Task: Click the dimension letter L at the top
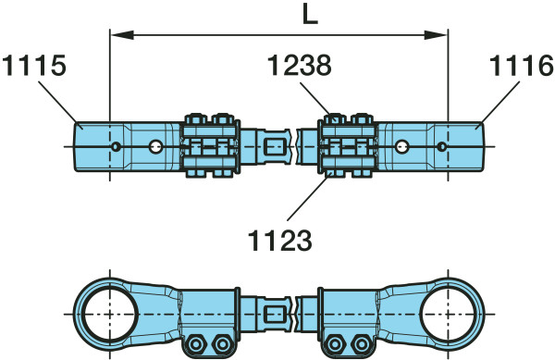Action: coord(311,15)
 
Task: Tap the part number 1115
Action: coord(34,66)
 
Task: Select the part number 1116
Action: coord(521,66)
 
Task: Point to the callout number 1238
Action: coord(299,65)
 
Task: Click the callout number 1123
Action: coord(280,240)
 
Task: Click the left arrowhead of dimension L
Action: coord(122,34)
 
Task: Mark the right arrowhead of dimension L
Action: coord(436,34)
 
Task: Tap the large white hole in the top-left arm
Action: coord(154,146)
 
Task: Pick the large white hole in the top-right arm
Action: coord(401,146)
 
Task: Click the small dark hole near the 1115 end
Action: coord(116,146)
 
